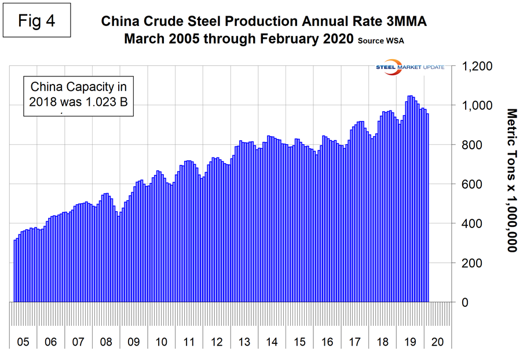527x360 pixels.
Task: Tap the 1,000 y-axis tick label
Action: coord(478,105)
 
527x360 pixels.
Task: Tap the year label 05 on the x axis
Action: coord(23,342)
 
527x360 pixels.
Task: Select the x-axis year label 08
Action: coord(106,342)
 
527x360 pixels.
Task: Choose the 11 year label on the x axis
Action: coord(189,342)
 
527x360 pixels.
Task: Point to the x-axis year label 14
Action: coord(272,342)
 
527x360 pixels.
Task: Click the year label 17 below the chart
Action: coord(354,342)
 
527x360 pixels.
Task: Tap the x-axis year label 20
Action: coord(437,342)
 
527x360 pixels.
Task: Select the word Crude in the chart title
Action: coord(167,22)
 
